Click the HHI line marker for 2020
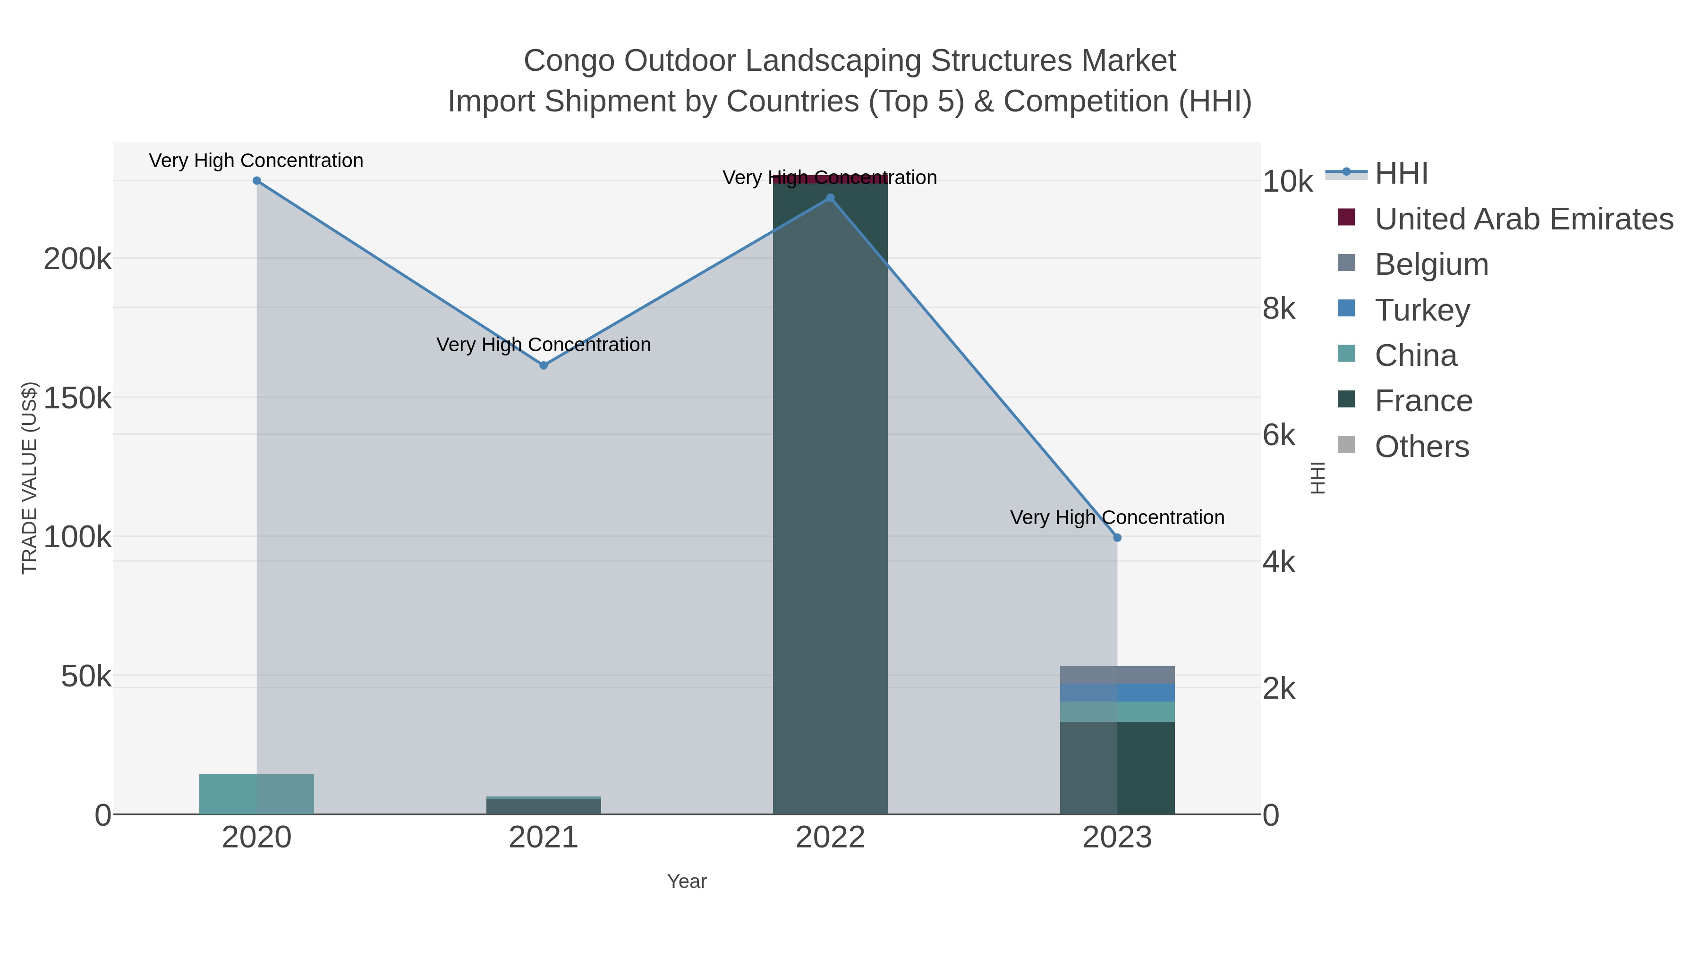pyautogui.click(x=257, y=181)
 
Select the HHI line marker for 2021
pyautogui.click(x=544, y=365)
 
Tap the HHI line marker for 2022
pyautogui.click(x=830, y=198)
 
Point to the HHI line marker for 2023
pyautogui.click(x=1117, y=538)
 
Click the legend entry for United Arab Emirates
pyautogui.click(x=1523, y=219)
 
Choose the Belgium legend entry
pyautogui.click(x=1431, y=264)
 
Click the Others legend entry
pyautogui.click(x=1421, y=447)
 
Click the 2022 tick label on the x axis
pyautogui.click(x=830, y=838)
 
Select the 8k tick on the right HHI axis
pyautogui.click(x=1278, y=309)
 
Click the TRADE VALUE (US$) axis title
pyautogui.click(x=30, y=478)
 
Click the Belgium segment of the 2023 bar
pyautogui.click(x=1117, y=675)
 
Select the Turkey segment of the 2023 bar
pyautogui.click(x=1117, y=693)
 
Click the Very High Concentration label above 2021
pyautogui.click(x=544, y=345)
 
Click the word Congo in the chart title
pyautogui.click(x=569, y=61)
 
